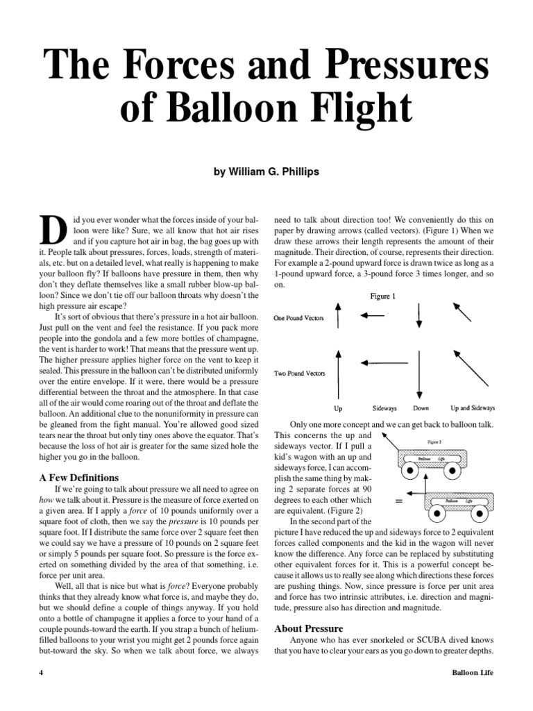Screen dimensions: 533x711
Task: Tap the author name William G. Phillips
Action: [x=266, y=171]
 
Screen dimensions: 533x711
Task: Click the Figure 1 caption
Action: [x=382, y=296]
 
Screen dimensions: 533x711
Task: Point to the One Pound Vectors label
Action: [x=299, y=318]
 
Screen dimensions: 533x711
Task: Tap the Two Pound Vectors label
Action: [x=299, y=372]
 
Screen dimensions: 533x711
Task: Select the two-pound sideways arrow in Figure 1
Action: [x=384, y=362]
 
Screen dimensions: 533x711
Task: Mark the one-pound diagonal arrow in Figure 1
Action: [x=462, y=312]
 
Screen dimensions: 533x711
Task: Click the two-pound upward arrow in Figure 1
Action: [x=337, y=373]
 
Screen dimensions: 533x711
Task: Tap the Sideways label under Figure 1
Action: [x=384, y=408]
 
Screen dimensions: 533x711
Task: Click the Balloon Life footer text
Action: [x=472, y=673]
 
